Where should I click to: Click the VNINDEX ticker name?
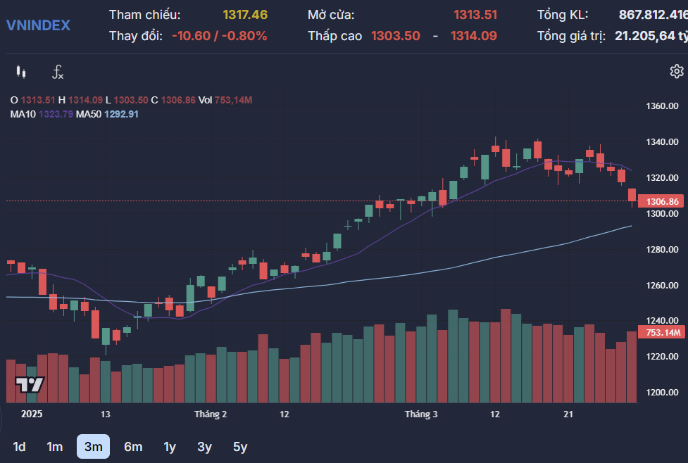38,25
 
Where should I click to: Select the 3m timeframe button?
93,446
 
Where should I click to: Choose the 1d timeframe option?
20,446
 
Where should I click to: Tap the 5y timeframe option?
240,446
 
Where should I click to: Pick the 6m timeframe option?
132,446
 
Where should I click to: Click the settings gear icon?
676,71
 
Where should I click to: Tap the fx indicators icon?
58,72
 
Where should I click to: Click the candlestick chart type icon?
21,72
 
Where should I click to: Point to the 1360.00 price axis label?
661,106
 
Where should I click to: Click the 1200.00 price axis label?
661,393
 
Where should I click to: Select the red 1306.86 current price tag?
661,202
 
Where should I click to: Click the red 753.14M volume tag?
661,332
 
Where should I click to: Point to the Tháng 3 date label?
421,414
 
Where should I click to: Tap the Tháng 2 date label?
211,414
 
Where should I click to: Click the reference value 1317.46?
245,15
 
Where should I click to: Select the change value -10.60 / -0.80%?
219,36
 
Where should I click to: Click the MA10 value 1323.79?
56,114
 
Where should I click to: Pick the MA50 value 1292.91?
121,114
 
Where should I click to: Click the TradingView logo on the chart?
30,385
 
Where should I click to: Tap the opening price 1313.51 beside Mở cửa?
475,15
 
